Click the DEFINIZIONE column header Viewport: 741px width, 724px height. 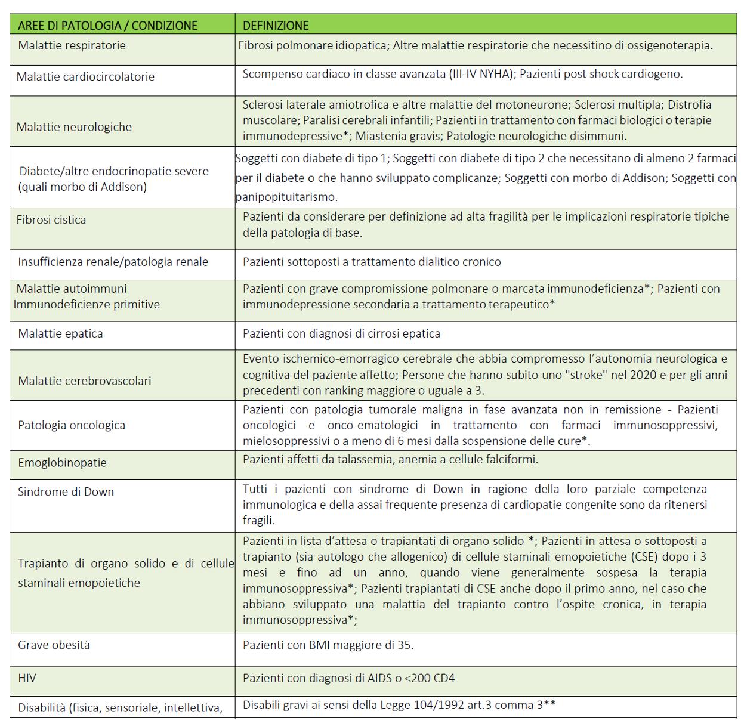(x=276, y=26)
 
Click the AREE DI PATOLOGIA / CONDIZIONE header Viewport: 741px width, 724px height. (x=107, y=26)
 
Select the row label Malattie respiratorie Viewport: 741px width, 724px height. (x=72, y=45)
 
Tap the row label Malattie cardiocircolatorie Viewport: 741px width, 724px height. (x=85, y=76)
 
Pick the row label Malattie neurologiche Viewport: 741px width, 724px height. (x=74, y=126)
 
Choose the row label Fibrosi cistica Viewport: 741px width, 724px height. (x=51, y=219)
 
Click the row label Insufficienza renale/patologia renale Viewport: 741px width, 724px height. (x=113, y=261)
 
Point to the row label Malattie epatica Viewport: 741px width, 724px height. (x=60, y=333)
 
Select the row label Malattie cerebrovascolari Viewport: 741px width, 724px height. (x=84, y=380)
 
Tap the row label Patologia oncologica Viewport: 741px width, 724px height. (x=72, y=425)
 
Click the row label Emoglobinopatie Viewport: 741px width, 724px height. (x=62, y=462)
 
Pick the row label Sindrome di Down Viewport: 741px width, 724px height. (x=66, y=491)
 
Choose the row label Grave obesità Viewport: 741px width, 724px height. (x=54, y=645)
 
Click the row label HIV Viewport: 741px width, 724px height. (x=27, y=678)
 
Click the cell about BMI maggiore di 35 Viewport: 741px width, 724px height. (x=328, y=645)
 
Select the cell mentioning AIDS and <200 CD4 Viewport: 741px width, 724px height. (x=348, y=678)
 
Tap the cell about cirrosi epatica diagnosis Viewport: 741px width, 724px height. (x=341, y=333)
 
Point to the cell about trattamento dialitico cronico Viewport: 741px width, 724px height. (x=372, y=261)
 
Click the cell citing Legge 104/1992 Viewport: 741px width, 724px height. (x=399, y=705)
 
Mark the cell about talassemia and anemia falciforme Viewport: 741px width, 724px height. (x=390, y=459)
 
